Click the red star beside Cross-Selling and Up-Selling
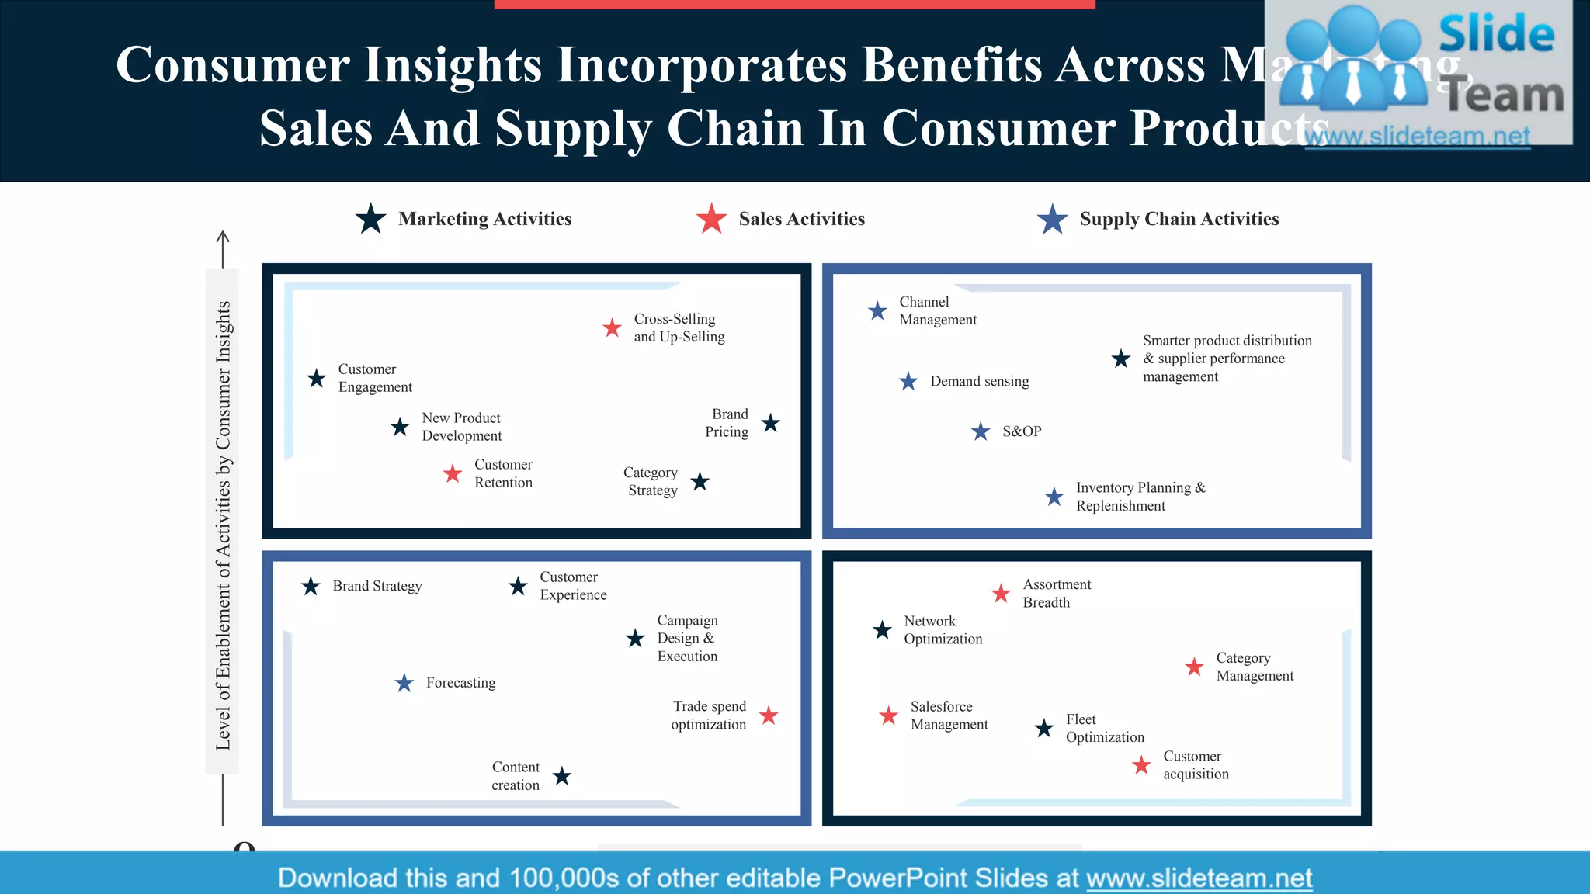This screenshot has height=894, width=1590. pyautogui.click(x=612, y=328)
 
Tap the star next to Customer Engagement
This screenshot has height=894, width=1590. pyautogui.click(x=316, y=379)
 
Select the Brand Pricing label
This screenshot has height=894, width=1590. pyautogui.click(x=727, y=423)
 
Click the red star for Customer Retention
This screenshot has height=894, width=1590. pyautogui.click(x=453, y=473)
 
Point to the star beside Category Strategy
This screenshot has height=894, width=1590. pyautogui.click(x=700, y=482)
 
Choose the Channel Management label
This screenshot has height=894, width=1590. pyautogui.click(x=937, y=310)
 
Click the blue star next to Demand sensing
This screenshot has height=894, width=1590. pyautogui.click(x=908, y=381)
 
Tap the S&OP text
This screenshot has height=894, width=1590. pyautogui.click(x=1021, y=431)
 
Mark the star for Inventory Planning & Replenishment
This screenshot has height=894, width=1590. pyautogui.click(x=1054, y=497)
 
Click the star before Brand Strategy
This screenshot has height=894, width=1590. pyautogui.click(x=311, y=586)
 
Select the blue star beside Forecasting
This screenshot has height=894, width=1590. pyautogui.click(x=404, y=683)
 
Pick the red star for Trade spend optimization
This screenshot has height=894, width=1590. pyautogui.click(x=769, y=716)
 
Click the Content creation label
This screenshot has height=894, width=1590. pyautogui.click(x=516, y=776)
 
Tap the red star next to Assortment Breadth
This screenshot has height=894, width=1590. pyautogui.click(x=1001, y=594)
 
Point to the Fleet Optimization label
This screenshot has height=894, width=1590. pyautogui.click(x=1104, y=728)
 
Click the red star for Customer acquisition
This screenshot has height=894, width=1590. pyautogui.click(x=1141, y=765)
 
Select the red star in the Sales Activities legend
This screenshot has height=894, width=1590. pyautogui.click(x=711, y=219)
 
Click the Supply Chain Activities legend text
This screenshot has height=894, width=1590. pyautogui.click(x=1179, y=219)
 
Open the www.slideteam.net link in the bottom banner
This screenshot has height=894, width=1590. pyautogui.click(x=1199, y=878)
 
